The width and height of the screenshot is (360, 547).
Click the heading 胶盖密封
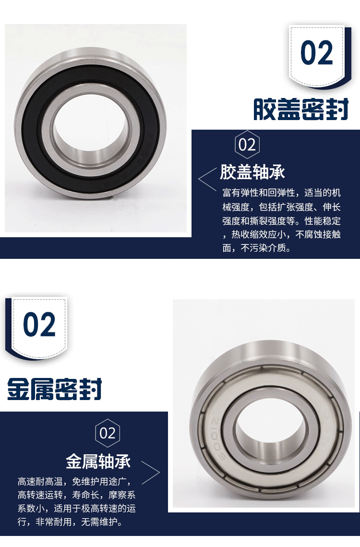point(300,109)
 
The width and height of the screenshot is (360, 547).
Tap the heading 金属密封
point(54,389)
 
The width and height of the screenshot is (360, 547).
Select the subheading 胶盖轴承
point(252,172)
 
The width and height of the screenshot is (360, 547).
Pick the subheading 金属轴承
point(98,461)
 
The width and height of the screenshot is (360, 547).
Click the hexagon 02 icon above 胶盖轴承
point(247,145)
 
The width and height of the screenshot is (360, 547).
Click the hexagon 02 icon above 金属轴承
point(108,433)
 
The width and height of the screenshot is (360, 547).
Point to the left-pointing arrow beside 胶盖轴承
point(207,179)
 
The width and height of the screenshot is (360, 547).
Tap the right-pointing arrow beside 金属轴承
point(150,473)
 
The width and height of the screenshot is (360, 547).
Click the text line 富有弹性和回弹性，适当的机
point(281,193)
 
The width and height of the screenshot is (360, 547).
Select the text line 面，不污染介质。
point(256,248)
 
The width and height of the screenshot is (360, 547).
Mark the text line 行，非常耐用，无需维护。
point(70,522)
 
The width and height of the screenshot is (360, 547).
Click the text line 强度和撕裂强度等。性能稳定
point(281,220)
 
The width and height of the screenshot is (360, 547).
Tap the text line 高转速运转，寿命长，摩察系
point(76,495)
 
